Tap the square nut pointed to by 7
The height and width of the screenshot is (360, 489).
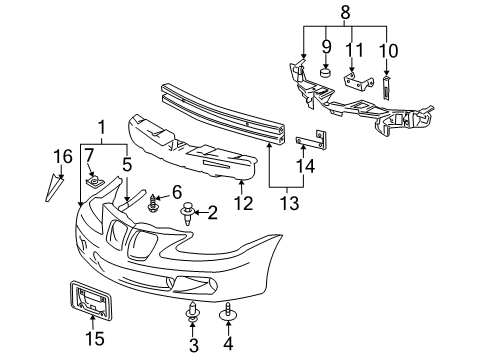point(93,182)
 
